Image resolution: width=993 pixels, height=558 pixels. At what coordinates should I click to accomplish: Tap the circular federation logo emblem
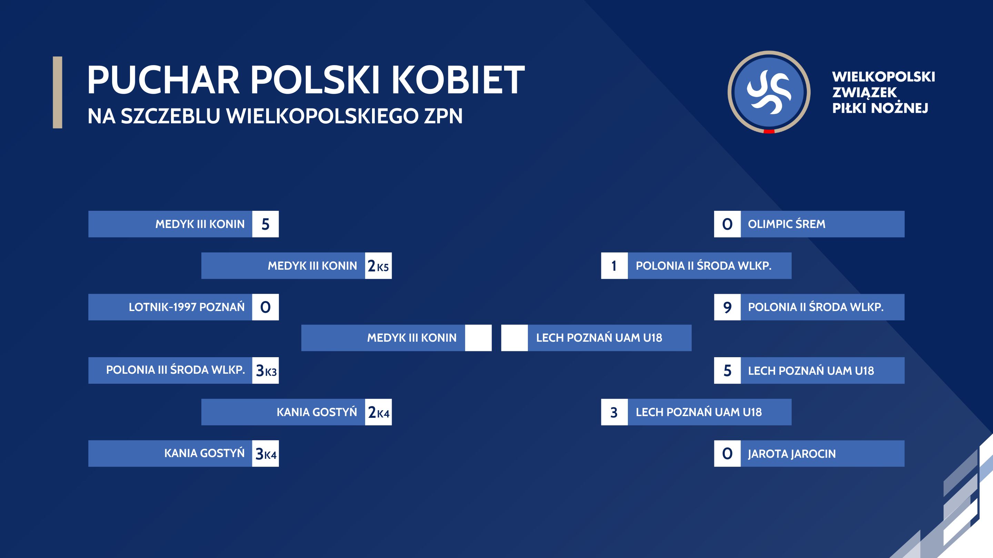(x=769, y=92)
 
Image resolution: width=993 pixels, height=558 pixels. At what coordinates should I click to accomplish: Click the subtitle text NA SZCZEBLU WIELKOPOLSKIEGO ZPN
(x=275, y=116)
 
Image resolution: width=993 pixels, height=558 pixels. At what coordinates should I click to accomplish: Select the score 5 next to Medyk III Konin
(x=265, y=224)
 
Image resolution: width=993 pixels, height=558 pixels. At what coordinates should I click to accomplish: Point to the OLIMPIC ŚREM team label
(x=786, y=224)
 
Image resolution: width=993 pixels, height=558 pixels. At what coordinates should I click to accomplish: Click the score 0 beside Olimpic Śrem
(x=727, y=224)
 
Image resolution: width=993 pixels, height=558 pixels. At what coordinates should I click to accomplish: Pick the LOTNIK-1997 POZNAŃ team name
(x=187, y=307)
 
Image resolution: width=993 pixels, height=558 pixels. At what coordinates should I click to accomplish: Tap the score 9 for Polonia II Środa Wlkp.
(x=727, y=307)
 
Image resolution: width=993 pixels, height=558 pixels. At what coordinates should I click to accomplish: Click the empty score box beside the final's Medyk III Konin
(x=478, y=338)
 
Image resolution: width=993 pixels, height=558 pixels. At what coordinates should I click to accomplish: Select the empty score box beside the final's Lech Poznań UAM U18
(x=514, y=338)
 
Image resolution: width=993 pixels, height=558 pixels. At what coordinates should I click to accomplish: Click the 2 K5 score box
(x=378, y=266)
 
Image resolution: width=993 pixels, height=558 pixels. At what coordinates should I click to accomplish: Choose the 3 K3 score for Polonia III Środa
(x=265, y=371)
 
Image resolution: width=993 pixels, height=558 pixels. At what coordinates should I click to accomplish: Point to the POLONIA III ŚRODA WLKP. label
(x=175, y=370)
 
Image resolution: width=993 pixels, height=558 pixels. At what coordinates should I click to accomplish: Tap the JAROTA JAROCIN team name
(x=792, y=454)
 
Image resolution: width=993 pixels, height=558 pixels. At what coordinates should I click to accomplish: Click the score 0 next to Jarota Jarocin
(x=727, y=454)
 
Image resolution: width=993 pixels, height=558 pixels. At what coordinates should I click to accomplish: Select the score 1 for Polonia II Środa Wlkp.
(x=614, y=266)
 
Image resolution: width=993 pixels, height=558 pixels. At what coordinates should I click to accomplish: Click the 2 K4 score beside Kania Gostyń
(x=378, y=412)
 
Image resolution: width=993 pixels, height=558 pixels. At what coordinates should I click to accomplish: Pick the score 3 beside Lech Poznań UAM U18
(x=614, y=412)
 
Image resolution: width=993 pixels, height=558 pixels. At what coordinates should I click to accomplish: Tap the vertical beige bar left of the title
(x=58, y=92)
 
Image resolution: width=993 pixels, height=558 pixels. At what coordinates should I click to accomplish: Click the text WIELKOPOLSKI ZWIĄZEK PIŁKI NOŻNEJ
(x=883, y=92)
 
